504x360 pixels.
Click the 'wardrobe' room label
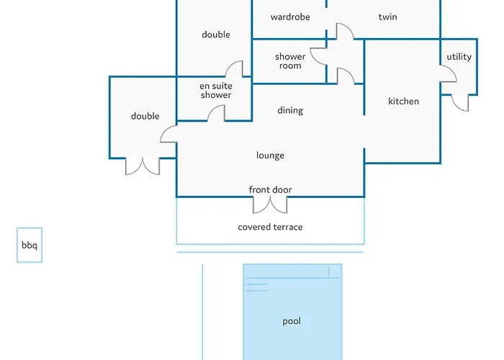point(290,17)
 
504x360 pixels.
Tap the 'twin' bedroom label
point(387,17)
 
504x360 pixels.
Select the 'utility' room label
point(459,57)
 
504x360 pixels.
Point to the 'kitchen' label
point(403,102)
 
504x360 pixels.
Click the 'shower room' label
point(290,61)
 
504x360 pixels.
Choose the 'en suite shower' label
point(215,91)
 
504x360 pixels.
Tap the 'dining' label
point(290,110)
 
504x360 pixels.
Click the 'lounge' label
point(270,156)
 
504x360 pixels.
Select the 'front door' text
point(270,190)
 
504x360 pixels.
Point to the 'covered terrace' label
point(270,227)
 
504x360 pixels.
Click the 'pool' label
point(292,321)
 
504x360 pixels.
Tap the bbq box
point(30,246)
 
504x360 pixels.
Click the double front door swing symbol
point(270,204)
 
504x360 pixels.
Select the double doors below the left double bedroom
point(143,166)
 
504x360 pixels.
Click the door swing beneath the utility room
point(460,102)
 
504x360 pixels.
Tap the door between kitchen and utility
point(447,75)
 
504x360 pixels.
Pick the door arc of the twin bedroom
point(343,31)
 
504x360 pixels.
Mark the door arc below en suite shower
point(216,113)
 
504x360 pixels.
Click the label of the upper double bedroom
point(215,35)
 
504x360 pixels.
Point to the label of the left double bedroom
point(145,116)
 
